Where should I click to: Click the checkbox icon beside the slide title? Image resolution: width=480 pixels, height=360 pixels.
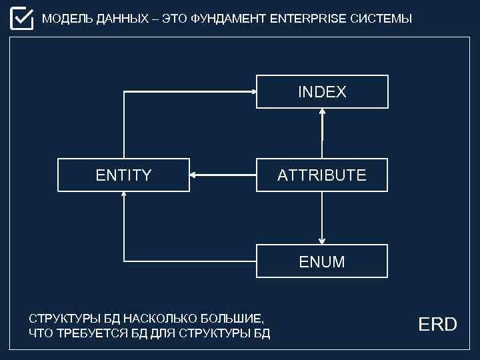tap(21, 18)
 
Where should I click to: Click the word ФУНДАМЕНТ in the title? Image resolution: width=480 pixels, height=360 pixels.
tap(229, 19)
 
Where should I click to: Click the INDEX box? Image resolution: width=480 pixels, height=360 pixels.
tap(322, 92)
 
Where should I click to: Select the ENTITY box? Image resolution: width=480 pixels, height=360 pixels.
tap(123, 175)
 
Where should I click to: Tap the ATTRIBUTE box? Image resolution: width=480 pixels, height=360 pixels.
tap(322, 175)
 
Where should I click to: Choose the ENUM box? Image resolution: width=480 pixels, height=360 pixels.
tap(322, 261)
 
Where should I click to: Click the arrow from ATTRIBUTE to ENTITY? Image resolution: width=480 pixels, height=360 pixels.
tap(223, 175)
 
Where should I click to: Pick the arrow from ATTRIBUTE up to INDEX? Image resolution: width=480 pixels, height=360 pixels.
tap(322, 133)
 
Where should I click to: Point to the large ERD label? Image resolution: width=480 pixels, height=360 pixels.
tap(437, 325)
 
